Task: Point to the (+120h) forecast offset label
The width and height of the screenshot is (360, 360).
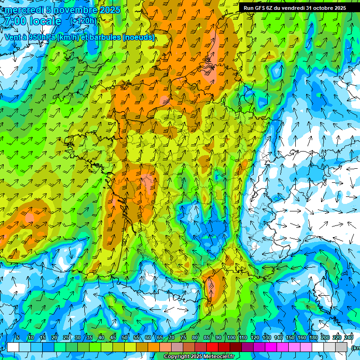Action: [x=83, y=21]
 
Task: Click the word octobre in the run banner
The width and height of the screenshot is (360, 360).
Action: [x=318, y=8]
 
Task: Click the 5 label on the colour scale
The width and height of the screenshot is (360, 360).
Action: [x=18, y=338]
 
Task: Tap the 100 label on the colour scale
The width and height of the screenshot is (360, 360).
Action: [x=231, y=338]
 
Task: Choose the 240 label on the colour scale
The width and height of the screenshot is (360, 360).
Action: [x=348, y=338]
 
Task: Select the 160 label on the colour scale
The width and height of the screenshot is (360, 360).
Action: [x=302, y=338]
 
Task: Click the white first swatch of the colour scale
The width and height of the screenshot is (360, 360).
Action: [x=13, y=347]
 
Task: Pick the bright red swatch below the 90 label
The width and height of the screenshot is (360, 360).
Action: [x=212, y=347]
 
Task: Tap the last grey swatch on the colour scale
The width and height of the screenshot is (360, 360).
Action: [x=342, y=347]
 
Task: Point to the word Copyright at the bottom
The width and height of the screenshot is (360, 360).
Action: [x=175, y=357]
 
